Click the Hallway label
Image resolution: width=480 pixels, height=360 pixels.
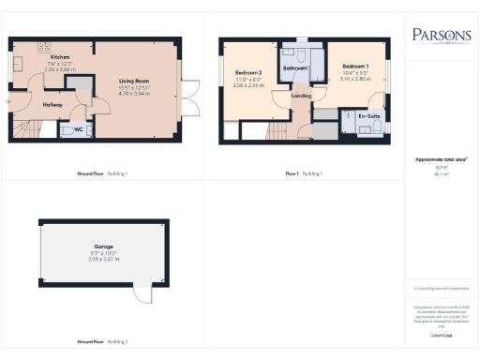pyautogui.click(x=52, y=105)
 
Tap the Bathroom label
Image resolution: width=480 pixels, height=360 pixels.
pyautogui.click(x=296, y=68)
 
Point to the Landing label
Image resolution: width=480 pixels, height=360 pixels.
pyautogui.click(x=301, y=96)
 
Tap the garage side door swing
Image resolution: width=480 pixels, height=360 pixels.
pyautogui.click(x=142, y=294)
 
